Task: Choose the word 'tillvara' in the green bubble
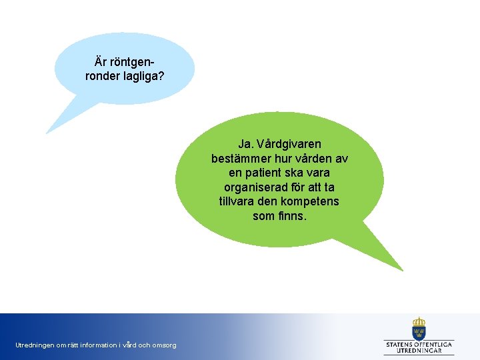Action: coord(239,201)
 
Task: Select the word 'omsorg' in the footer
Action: coord(165,345)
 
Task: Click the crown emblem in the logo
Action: coord(419,327)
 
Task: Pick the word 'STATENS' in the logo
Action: coord(399,344)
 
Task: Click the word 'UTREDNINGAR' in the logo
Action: coord(419,351)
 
